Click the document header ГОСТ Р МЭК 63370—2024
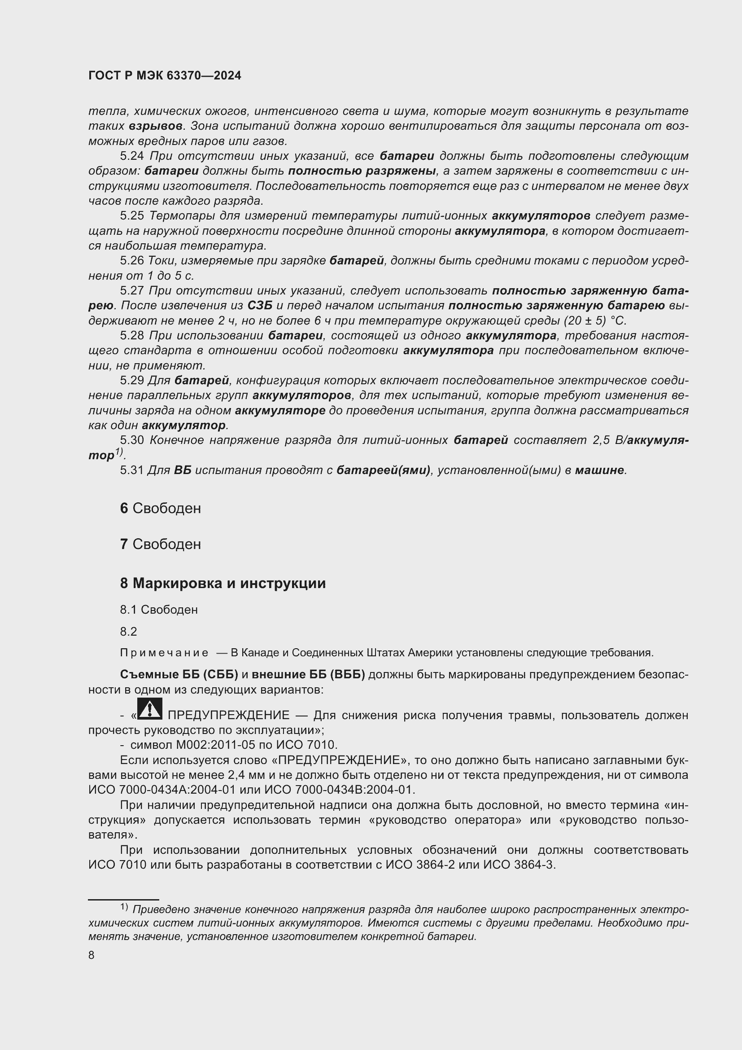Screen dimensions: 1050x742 (x=165, y=76)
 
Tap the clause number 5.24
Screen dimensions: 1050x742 (x=131, y=156)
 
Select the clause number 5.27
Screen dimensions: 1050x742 (x=131, y=291)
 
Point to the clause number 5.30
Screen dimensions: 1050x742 (x=131, y=440)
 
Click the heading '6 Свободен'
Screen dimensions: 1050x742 (x=160, y=509)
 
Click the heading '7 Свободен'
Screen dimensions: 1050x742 (x=160, y=544)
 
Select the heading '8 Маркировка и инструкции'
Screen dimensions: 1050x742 (x=223, y=584)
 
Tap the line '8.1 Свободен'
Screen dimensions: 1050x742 (x=158, y=610)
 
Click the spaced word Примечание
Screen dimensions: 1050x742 (x=164, y=653)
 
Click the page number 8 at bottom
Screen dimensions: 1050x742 (x=92, y=955)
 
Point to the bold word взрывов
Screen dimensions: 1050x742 (x=155, y=126)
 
